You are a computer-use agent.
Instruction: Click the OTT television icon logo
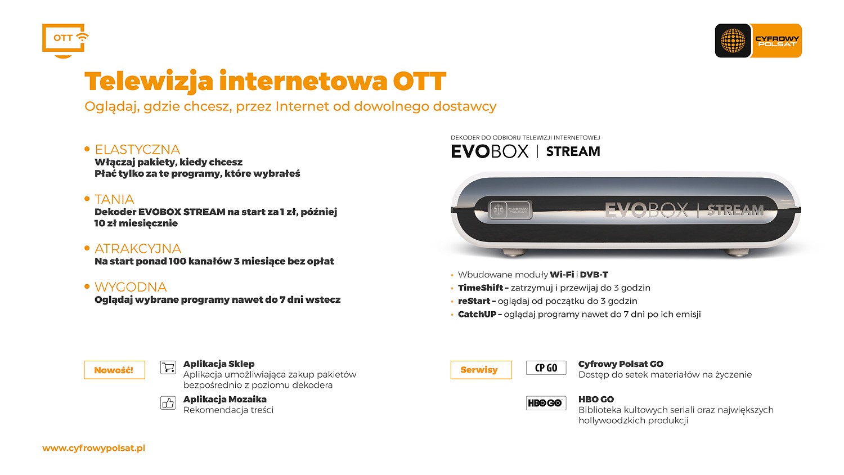click(x=65, y=41)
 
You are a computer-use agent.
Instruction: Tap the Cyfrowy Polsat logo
click(x=758, y=41)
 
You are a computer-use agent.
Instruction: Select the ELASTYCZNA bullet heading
click(x=137, y=150)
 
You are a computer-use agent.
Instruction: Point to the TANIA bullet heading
click(x=114, y=199)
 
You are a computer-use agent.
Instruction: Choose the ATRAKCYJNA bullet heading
click(x=138, y=249)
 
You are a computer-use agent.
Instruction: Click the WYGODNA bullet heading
click(x=131, y=287)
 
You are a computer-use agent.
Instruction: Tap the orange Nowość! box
click(x=115, y=370)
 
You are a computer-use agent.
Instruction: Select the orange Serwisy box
click(x=481, y=370)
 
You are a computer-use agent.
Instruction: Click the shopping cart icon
click(x=168, y=368)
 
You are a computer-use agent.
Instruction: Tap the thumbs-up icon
click(x=168, y=403)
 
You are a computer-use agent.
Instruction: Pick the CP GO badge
click(x=546, y=368)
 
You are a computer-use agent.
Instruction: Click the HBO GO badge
click(x=546, y=403)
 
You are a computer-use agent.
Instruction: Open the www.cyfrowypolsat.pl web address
click(x=93, y=448)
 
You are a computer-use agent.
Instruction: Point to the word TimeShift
click(x=481, y=288)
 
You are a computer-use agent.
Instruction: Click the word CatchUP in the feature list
click(x=477, y=315)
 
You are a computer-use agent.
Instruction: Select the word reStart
click(x=474, y=301)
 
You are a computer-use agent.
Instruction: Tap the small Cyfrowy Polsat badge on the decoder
click(x=510, y=210)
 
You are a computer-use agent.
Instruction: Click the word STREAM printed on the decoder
click(x=735, y=210)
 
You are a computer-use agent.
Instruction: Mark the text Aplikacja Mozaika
click(x=225, y=399)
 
